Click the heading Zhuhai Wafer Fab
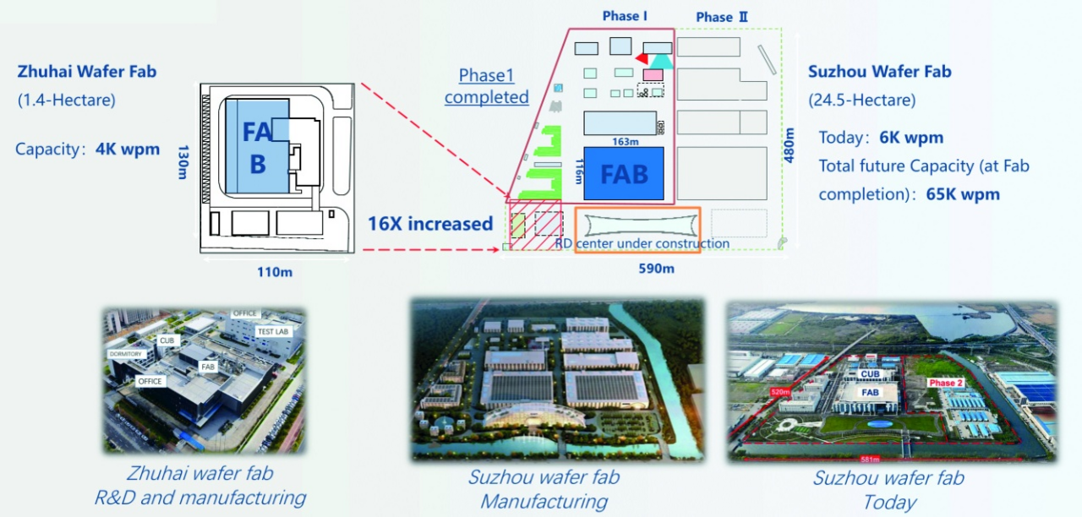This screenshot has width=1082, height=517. coord(87,72)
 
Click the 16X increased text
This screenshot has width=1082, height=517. coord(430,224)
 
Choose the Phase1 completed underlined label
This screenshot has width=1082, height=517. coord(486,86)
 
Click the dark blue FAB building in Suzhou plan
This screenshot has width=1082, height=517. coord(626,174)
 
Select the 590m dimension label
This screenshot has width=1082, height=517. coord(656,269)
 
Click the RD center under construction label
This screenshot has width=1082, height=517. coord(642,244)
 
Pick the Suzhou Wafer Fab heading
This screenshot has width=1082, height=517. coord(880,72)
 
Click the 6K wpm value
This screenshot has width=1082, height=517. coord(911,138)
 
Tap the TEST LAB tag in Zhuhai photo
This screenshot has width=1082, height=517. coord(272,332)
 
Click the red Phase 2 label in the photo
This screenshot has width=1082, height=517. coord(946,383)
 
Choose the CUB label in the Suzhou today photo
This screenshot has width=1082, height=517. coord(870,373)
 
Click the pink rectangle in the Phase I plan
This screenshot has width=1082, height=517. coord(653,75)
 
